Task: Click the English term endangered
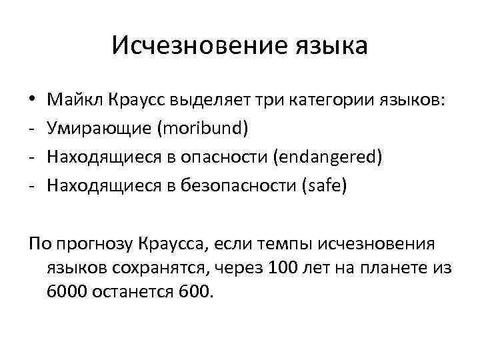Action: coord(331,157)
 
